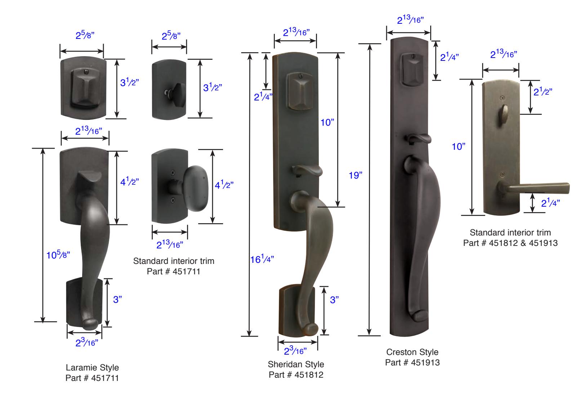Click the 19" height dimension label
[355, 175]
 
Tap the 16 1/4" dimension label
[262, 259]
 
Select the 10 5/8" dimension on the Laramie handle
[58, 255]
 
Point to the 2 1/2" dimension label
[543, 91]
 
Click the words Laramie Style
[92, 368]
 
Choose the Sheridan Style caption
[296, 364]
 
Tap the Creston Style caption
[412, 352]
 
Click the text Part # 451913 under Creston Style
[412, 363]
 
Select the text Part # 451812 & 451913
[510, 243]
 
